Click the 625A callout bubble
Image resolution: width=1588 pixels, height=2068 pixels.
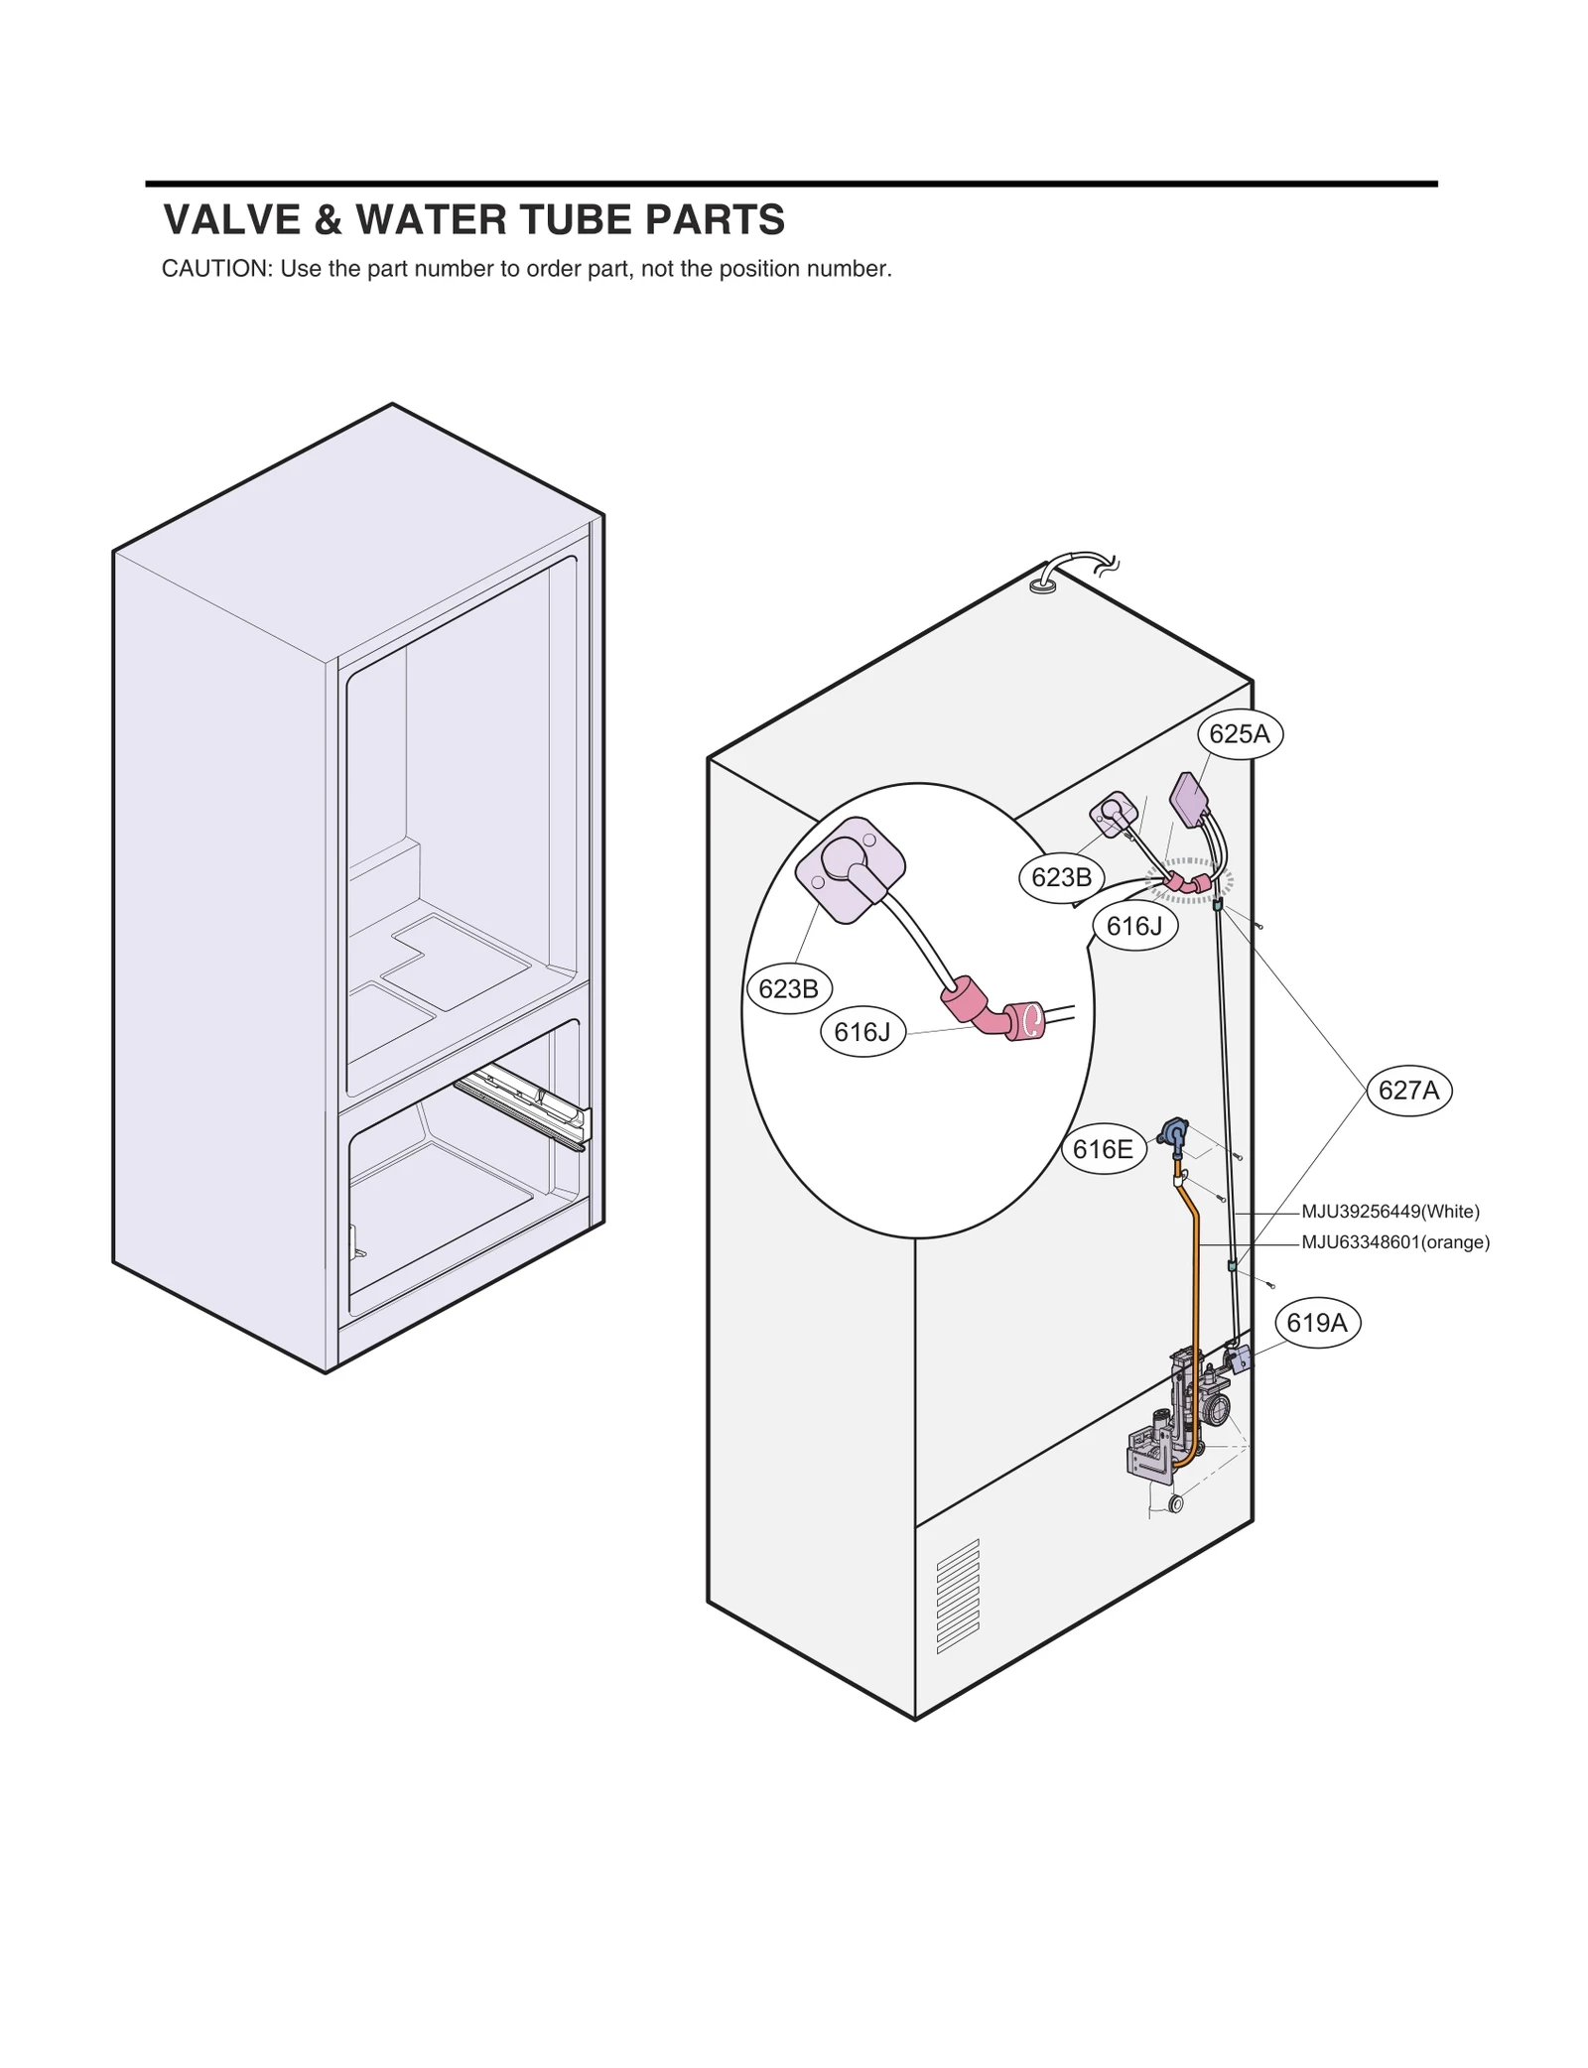click(1239, 734)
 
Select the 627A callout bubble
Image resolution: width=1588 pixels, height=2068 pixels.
click(1408, 1091)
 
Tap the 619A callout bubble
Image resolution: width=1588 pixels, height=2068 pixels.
click(1316, 1323)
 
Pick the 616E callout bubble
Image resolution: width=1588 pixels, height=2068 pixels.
click(1103, 1149)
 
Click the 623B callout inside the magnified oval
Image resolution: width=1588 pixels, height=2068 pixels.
click(788, 988)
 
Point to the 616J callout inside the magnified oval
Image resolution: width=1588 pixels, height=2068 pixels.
click(861, 1032)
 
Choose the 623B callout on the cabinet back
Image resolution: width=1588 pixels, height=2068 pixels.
click(1061, 877)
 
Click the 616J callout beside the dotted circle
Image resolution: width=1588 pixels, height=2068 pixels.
click(1133, 926)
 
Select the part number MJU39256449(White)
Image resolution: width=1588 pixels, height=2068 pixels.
click(1389, 1212)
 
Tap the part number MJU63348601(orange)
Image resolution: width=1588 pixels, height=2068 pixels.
click(1394, 1242)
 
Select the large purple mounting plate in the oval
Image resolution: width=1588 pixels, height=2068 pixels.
click(850, 868)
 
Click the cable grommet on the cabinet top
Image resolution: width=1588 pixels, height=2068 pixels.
click(1042, 586)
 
